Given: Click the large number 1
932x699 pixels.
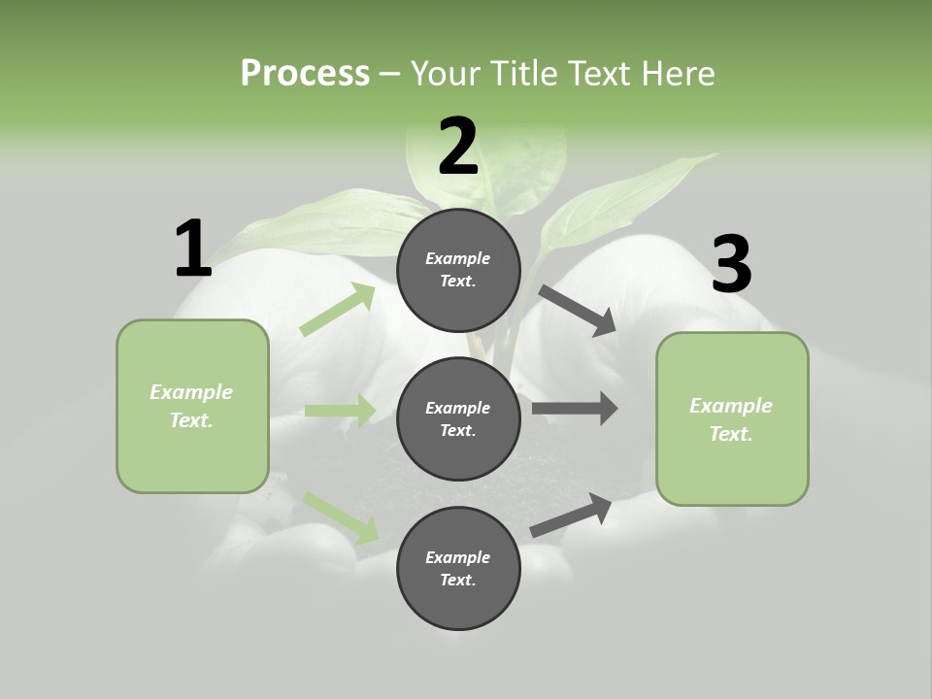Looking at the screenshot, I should pos(193,249).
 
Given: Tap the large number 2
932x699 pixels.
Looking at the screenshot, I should pos(458,147).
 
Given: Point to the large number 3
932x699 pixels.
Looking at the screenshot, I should pos(731,264).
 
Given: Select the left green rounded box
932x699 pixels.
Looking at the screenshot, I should pos(192,406).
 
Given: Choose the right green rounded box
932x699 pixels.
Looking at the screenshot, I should pos(732,419).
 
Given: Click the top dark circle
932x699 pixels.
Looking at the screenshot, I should pos(458,270).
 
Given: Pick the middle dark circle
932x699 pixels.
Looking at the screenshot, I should pos(458,418).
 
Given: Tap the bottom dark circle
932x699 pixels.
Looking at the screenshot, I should pos(458,568).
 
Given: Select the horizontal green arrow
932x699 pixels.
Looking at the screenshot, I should pos(340,411).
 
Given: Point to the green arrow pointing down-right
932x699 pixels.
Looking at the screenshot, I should pos(341,517).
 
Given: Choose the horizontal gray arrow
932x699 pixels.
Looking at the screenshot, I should pos(574,409).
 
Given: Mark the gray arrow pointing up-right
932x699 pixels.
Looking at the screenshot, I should pos(571,516).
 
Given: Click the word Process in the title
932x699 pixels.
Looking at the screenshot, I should pos(305,73).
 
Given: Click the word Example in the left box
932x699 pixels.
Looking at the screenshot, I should pos(191,392).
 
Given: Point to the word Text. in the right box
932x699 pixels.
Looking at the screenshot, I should pos(731,434).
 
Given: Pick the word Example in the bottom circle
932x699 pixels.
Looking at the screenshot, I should pos(458,557).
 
